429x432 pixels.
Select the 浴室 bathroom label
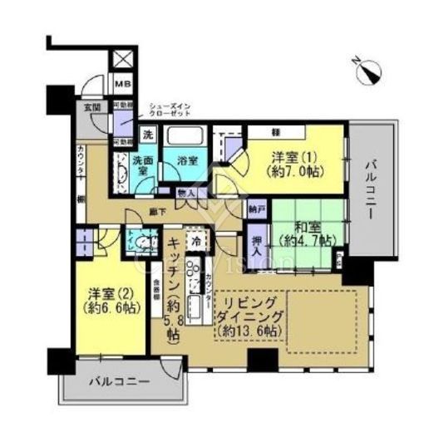(x=187, y=162)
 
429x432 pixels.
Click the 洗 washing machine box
(x=146, y=135)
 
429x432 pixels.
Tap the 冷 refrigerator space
(x=196, y=242)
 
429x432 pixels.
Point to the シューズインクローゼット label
(x=171, y=110)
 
